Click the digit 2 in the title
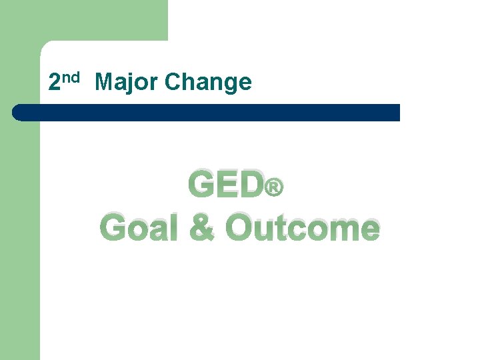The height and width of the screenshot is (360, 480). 55,83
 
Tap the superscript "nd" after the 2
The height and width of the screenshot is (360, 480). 71,78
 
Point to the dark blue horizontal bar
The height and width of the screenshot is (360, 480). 207,112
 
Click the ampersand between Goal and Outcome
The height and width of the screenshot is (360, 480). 202,228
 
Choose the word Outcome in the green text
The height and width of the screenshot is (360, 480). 302,228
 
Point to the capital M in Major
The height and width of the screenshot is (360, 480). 104,83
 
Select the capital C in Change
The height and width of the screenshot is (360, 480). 172,83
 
